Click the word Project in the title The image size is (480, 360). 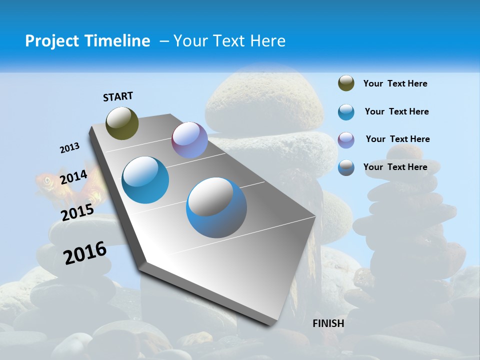click(x=51, y=41)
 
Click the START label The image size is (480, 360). click(x=118, y=96)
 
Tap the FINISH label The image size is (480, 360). click(x=328, y=323)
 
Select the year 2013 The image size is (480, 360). click(x=69, y=148)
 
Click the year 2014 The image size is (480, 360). click(x=73, y=177)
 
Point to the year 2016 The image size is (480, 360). click(x=85, y=252)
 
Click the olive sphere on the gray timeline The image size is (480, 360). click(x=122, y=123)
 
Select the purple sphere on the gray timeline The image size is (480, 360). click(x=189, y=140)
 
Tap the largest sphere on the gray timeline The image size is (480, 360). click(x=216, y=207)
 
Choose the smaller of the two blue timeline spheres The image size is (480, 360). click(x=145, y=179)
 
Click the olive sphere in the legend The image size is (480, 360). click(x=346, y=83)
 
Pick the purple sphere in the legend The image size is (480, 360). click(x=346, y=139)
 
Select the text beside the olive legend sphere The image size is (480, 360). click(x=395, y=83)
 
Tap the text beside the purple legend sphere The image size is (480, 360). click(x=397, y=139)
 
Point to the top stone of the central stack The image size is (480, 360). click(x=264, y=103)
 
